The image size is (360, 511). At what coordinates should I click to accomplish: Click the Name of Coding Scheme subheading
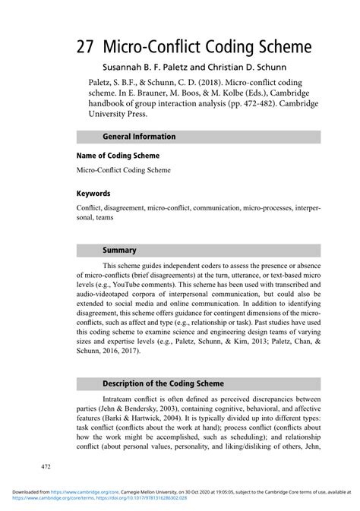point(117,156)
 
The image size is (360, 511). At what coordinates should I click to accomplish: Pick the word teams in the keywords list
point(107,216)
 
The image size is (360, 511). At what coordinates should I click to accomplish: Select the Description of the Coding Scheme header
point(163,383)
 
